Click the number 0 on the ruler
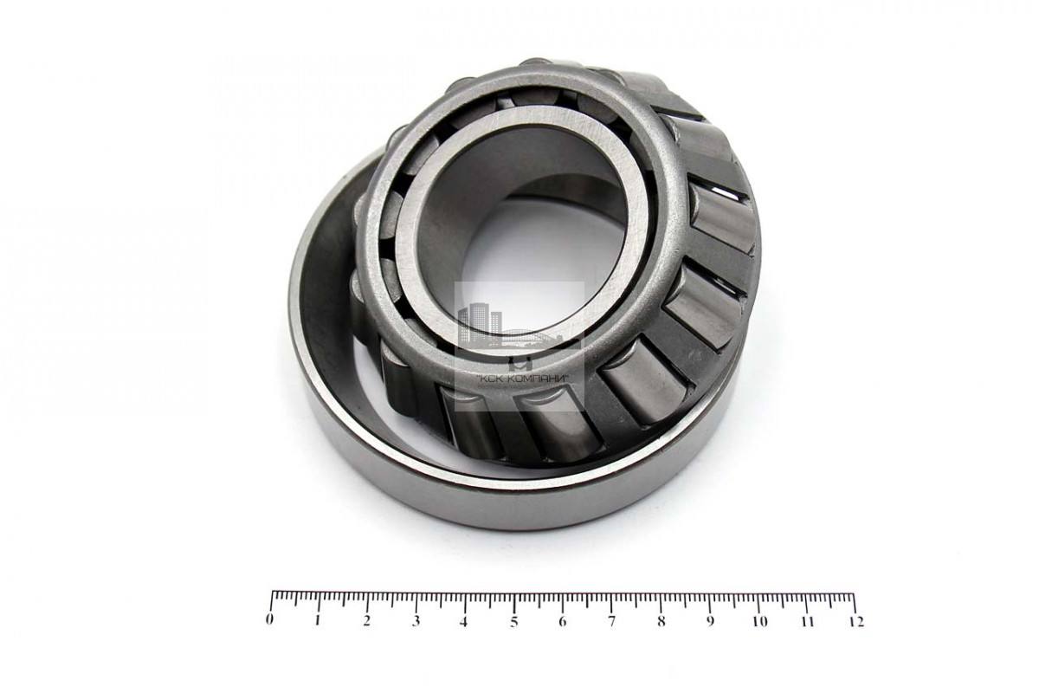(269, 619)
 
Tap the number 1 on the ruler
(318, 620)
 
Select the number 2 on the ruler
(367, 620)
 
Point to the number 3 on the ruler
(416, 620)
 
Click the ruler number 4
(464, 621)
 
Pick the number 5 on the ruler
(514, 621)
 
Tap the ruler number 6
(563, 621)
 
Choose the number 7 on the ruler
(612, 621)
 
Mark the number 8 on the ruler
(661, 621)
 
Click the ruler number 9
(710, 621)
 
